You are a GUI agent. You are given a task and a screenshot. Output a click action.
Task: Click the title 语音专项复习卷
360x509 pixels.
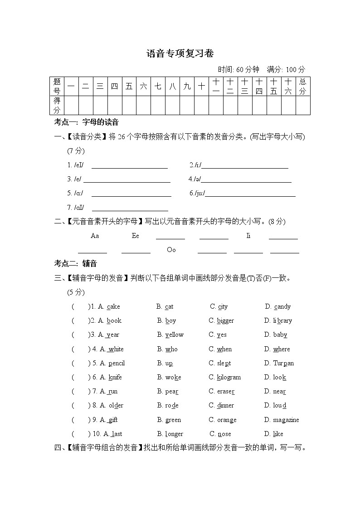click(180, 53)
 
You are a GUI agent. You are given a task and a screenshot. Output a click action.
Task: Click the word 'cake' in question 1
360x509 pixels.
click(113, 307)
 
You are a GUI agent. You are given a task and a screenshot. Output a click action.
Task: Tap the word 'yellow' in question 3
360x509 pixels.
click(174, 335)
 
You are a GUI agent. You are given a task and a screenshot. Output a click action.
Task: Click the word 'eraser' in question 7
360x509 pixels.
click(226, 392)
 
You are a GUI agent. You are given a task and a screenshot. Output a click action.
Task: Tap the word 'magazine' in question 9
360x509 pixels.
click(286, 420)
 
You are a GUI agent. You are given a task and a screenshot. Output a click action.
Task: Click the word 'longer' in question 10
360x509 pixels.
click(174, 434)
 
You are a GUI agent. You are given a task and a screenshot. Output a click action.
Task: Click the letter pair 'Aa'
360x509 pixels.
click(95, 236)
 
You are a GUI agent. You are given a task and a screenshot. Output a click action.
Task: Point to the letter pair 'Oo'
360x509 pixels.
click(171, 250)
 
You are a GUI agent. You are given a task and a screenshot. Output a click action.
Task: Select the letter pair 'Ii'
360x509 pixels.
click(248, 236)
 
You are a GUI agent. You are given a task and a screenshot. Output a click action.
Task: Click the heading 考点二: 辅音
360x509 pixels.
click(76, 264)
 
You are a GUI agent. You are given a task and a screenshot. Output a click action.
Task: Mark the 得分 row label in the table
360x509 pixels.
click(57, 105)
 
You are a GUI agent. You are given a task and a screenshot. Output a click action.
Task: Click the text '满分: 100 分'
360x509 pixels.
click(286, 69)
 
